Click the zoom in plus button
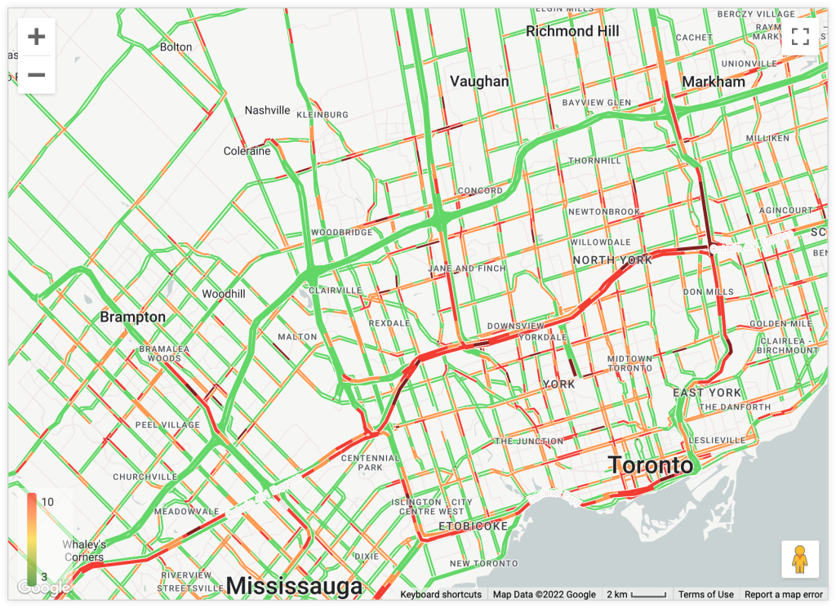tap(36, 37)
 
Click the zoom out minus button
tap(36, 75)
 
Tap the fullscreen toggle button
tap(800, 36)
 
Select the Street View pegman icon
tap(800, 559)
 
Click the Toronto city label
tap(651, 466)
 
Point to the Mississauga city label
tap(294, 586)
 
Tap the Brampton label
tap(132, 317)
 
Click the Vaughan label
tap(479, 81)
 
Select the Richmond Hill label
tap(572, 31)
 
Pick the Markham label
tap(714, 82)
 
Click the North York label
tap(612, 260)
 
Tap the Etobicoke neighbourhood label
tap(474, 526)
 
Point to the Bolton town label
tap(176, 47)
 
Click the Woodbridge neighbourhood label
tap(342, 233)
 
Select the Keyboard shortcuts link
tap(441, 595)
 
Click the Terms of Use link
tap(705, 595)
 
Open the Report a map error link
tap(784, 595)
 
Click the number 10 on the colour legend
tap(47, 502)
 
